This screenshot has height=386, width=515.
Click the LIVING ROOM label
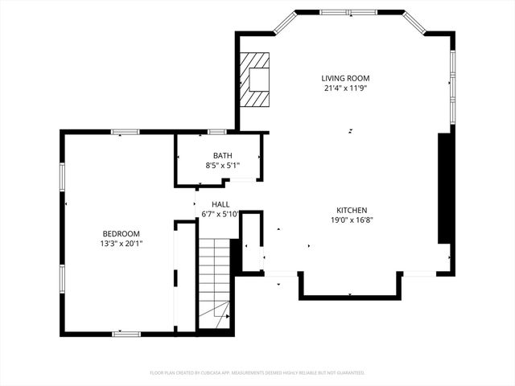(x=345, y=78)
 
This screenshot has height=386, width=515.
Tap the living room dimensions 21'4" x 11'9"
(x=345, y=88)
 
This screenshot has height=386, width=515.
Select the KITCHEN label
(x=352, y=209)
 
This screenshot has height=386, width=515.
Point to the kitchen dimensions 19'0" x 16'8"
(x=352, y=220)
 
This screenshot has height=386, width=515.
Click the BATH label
(x=222, y=155)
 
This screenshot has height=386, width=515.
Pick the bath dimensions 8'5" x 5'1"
(x=222, y=166)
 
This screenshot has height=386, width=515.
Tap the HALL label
(x=220, y=204)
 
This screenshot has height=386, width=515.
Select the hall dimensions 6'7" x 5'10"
(x=220, y=214)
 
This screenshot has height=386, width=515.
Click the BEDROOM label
(x=121, y=233)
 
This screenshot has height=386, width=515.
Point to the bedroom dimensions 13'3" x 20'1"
(x=121, y=243)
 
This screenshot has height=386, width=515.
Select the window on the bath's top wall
(x=216, y=131)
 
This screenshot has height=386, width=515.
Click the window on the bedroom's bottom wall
(x=126, y=333)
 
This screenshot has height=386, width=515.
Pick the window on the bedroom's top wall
(x=125, y=132)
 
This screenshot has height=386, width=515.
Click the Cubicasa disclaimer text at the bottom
(x=257, y=373)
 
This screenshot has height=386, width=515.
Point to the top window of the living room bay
(x=350, y=12)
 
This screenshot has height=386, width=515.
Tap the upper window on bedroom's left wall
(x=62, y=178)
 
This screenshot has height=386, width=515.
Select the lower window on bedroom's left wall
(x=62, y=277)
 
